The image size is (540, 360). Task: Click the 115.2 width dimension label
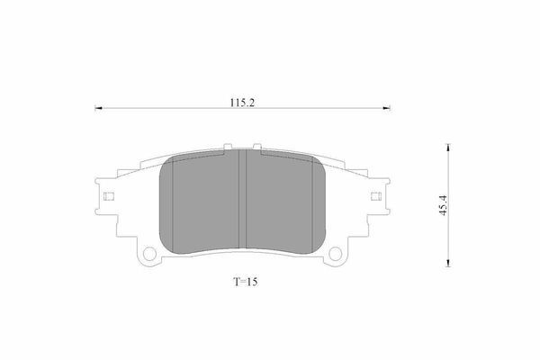point(242,103)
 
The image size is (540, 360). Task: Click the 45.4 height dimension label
point(443,206)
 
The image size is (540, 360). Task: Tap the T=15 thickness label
point(246,282)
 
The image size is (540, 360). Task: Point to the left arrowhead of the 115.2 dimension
point(98,108)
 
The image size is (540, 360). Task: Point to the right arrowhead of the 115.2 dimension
point(386,108)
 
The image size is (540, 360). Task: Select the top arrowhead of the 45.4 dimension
point(447,148)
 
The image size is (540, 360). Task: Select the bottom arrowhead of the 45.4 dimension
point(447,263)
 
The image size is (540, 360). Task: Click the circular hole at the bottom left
point(149,254)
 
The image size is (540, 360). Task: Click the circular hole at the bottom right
point(335,254)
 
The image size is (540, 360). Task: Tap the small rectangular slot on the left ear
point(109,196)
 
